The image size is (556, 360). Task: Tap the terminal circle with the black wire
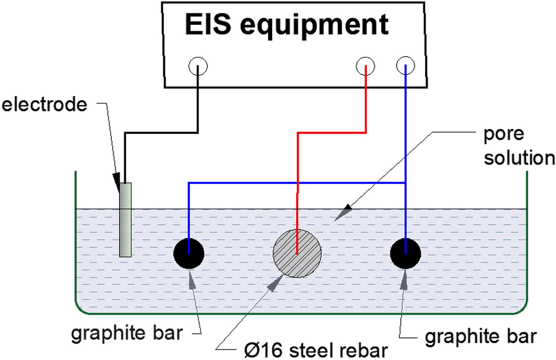[x=198, y=67]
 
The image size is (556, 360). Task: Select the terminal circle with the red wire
[x=366, y=67]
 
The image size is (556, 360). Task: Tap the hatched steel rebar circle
[x=297, y=253]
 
